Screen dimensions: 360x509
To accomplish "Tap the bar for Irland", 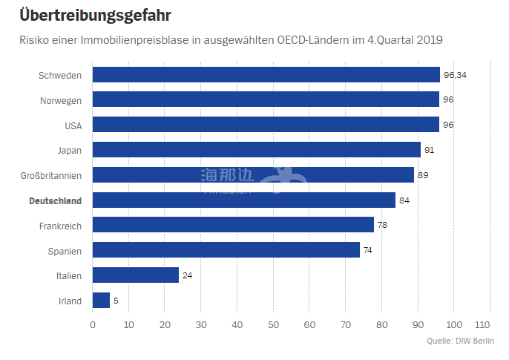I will click(101, 301).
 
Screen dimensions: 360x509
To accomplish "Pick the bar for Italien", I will click(136, 275).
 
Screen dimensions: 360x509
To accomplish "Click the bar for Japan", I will click(257, 150).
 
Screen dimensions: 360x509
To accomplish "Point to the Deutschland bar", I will click(244, 200).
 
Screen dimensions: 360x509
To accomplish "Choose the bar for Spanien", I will click(226, 250).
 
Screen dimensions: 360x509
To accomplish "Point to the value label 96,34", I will click(455, 75).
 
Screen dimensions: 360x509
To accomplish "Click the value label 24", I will click(187, 275).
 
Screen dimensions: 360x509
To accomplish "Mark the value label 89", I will click(424, 175).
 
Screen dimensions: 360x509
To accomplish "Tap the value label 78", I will click(382, 226).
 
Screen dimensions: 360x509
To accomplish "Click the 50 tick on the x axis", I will click(273, 324).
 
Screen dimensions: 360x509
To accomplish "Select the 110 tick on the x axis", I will click(482, 324).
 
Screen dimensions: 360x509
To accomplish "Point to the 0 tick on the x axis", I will click(93, 324).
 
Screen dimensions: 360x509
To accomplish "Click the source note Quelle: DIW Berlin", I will click(460, 341).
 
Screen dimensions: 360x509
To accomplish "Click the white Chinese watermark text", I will click(226, 175).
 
